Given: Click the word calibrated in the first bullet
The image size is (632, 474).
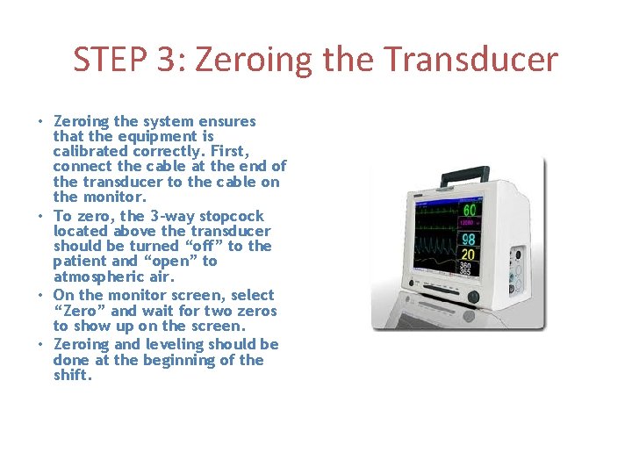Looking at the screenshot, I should point(90,151).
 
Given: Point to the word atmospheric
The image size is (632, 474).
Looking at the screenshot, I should point(96,276).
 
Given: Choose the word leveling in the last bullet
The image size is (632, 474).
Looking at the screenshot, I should point(176,344).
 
